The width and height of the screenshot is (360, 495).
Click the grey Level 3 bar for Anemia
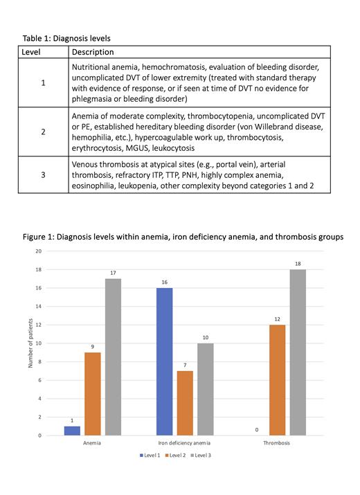112,357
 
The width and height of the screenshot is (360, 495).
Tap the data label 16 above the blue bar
164,282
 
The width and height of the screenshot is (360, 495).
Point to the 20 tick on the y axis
39,251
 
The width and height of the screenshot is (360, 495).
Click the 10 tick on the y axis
39,343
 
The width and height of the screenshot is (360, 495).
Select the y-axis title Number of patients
30,343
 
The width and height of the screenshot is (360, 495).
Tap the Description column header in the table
93,52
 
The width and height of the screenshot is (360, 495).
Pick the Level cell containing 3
43,176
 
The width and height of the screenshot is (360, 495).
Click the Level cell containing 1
43,83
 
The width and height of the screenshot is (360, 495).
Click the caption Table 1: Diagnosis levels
66,38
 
